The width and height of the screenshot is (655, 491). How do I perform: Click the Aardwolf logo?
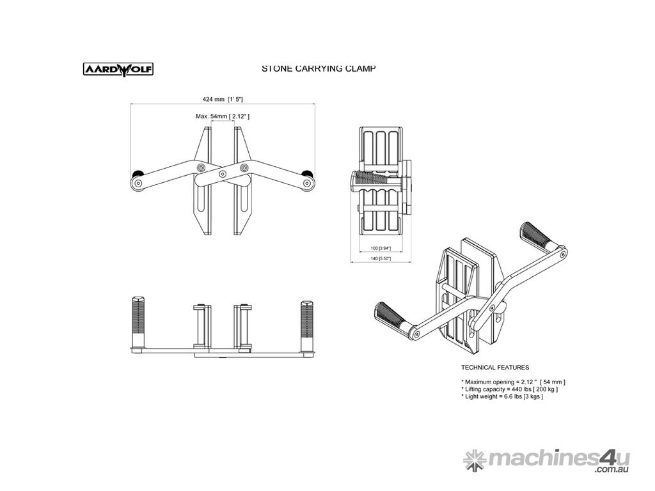point(118,69)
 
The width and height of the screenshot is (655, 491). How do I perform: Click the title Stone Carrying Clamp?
point(319,68)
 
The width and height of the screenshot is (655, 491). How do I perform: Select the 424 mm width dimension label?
point(223,99)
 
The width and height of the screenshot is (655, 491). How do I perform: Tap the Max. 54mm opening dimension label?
point(222,116)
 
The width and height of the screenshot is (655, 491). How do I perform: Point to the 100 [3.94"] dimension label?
point(381,249)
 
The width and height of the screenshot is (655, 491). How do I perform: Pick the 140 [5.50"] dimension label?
point(381,259)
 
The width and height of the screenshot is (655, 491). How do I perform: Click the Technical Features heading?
point(495,368)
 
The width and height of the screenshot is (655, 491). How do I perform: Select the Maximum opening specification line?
point(514,382)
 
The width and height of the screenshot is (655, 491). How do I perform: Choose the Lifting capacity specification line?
point(509,389)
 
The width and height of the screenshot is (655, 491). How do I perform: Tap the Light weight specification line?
point(502,396)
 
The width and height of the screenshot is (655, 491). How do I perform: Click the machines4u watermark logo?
point(546,460)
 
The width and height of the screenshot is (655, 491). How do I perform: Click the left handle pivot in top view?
point(138,183)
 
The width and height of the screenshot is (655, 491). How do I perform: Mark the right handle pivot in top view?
point(308,183)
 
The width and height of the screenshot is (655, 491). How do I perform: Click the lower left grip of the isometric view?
point(390,315)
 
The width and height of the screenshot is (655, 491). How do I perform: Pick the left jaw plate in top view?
point(203,181)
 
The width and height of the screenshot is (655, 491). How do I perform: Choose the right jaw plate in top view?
point(242,181)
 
